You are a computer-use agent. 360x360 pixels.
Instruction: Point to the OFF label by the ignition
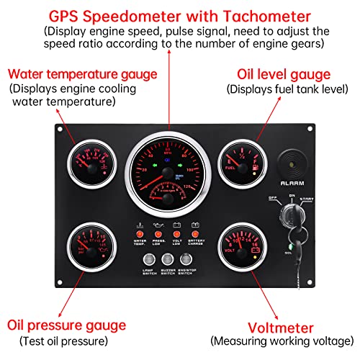coord(273,198)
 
